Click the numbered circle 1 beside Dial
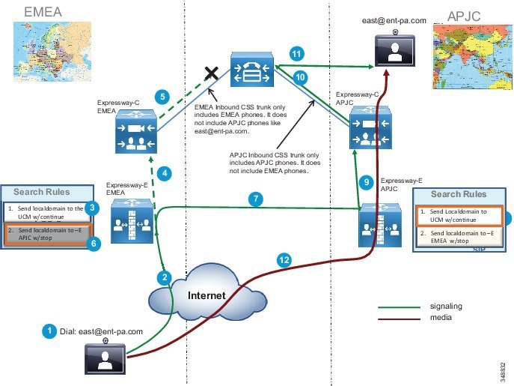pyautogui.click(x=49, y=331)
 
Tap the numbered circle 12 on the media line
pyautogui.click(x=284, y=260)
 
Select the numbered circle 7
pyautogui.click(x=255, y=199)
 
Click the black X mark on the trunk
pyautogui.click(x=212, y=73)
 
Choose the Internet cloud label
pyautogui.click(x=206, y=296)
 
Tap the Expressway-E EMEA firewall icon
pyautogui.click(x=132, y=222)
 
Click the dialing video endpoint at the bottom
pyautogui.click(x=105, y=358)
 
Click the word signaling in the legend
pyautogui.click(x=446, y=306)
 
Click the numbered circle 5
pyautogui.click(x=160, y=96)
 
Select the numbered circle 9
pyautogui.click(x=366, y=181)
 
